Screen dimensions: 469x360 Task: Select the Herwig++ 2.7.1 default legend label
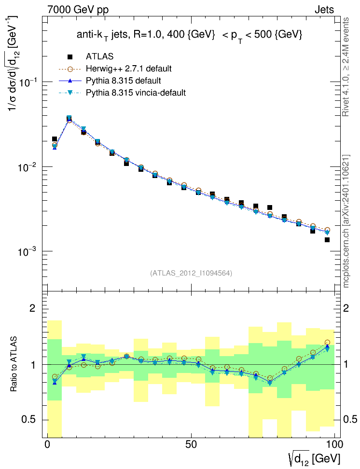(x=129, y=69)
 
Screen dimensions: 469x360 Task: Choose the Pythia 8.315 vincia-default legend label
(x=136, y=92)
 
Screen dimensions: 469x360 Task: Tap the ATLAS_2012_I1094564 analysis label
(x=192, y=273)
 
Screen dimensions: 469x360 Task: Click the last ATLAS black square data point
(x=327, y=240)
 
